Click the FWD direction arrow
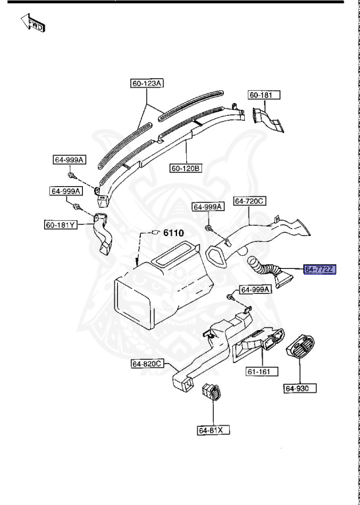click(x=32, y=25)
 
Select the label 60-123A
click(x=146, y=83)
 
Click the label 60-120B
click(x=186, y=168)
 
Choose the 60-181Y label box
click(x=61, y=225)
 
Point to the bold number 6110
click(x=174, y=233)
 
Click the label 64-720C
click(x=250, y=201)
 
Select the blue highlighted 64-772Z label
click(x=320, y=269)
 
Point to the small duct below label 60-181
click(x=268, y=122)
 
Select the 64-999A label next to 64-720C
click(x=208, y=206)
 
